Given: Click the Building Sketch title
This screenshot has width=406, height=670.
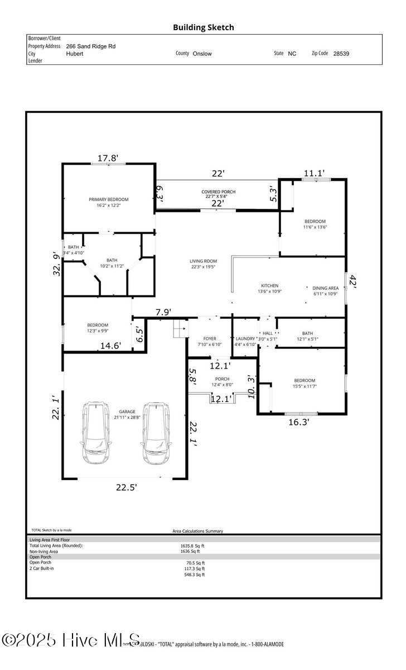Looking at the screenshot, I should (203, 27).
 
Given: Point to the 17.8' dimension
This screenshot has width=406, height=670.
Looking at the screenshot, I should (109, 158).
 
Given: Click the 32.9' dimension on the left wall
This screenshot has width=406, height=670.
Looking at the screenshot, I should (56, 264).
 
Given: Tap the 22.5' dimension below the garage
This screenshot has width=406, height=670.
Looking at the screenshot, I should (127, 487).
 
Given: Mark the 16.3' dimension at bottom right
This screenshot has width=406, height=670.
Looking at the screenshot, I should (298, 422).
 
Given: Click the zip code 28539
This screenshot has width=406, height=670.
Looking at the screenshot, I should (341, 54).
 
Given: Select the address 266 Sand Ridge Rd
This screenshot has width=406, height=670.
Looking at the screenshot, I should (91, 47).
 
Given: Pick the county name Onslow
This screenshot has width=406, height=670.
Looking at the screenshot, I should (202, 54).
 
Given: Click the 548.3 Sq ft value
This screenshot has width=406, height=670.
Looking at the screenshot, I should (195, 575).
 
